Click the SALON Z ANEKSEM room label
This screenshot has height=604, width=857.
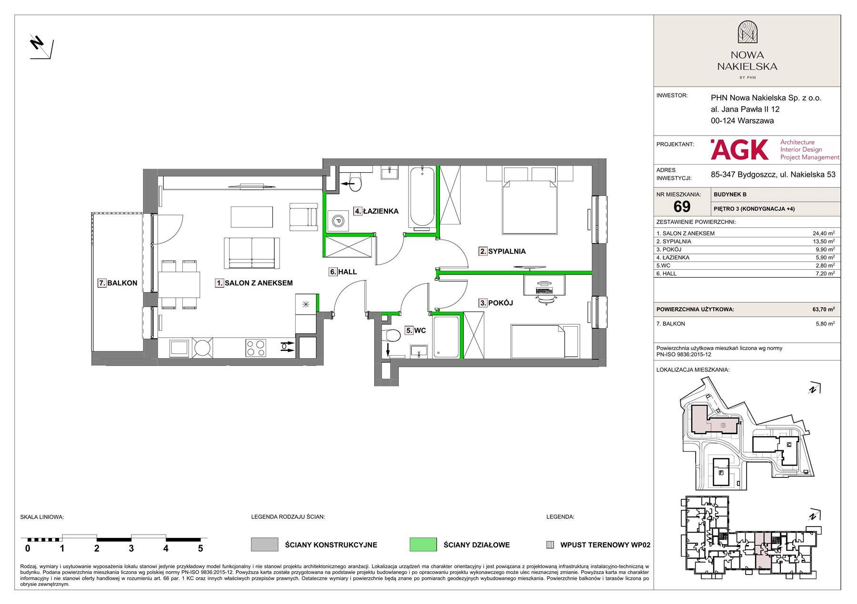(x=254, y=283)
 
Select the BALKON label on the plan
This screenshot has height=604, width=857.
(x=118, y=283)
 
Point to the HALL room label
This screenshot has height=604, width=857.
(x=343, y=272)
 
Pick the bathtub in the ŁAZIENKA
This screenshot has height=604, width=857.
(x=422, y=196)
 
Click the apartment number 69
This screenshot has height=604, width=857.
(x=682, y=206)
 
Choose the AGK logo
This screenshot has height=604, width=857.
(x=739, y=149)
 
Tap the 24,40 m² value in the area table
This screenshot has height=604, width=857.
(x=823, y=233)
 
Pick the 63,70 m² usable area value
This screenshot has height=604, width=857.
(x=823, y=309)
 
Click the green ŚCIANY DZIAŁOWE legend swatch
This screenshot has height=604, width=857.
(x=423, y=545)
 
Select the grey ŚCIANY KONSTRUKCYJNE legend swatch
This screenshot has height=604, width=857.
(x=264, y=545)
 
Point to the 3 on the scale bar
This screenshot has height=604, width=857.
(x=131, y=548)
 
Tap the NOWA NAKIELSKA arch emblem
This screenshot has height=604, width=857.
(x=747, y=33)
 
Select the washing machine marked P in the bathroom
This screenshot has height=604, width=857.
(x=337, y=221)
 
